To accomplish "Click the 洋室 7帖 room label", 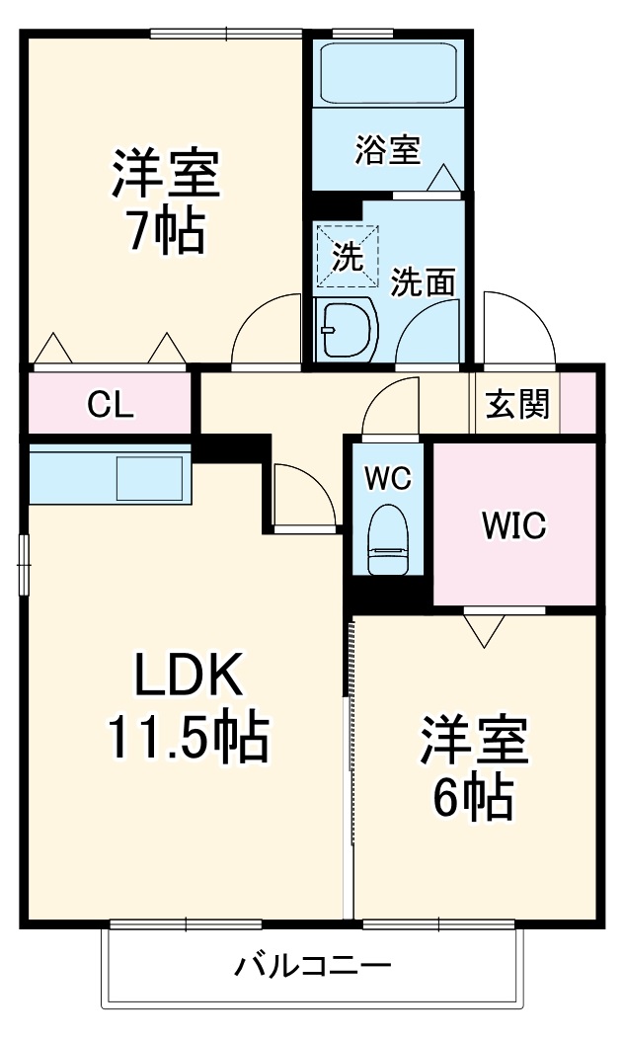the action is click(166, 202).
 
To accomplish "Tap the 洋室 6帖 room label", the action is click(473, 768).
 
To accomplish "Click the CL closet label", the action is click(112, 404).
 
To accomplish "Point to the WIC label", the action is click(514, 525).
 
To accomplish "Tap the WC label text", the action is click(389, 478).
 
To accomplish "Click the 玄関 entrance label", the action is click(517, 404).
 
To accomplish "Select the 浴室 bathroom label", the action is click(387, 149).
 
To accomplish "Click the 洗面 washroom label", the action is click(423, 282).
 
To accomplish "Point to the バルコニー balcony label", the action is click(313, 966).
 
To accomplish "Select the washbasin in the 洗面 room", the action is click(346, 329).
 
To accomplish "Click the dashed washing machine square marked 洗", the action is click(347, 257).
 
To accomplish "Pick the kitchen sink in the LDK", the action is click(150, 478).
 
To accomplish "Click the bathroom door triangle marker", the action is click(443, 178).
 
